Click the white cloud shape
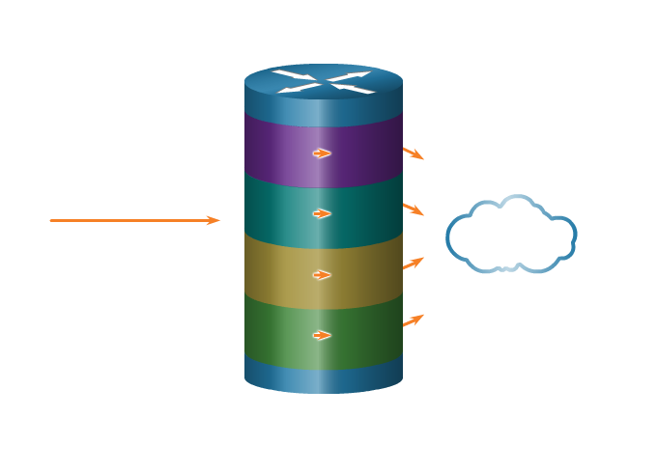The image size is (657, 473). pos(511,235)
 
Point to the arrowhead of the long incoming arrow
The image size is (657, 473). pos(214,221)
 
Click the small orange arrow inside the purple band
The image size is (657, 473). pos(322,153)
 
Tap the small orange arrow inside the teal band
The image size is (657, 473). pos(322,213)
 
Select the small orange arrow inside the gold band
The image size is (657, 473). pos(322,274)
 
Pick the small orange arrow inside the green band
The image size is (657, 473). pos(322,335)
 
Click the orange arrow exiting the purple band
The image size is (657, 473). pos(414,153)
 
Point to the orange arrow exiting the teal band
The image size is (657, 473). pos(414,209)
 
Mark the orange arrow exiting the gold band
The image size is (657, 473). pos(414,263)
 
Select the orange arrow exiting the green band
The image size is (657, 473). pos(414,320)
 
